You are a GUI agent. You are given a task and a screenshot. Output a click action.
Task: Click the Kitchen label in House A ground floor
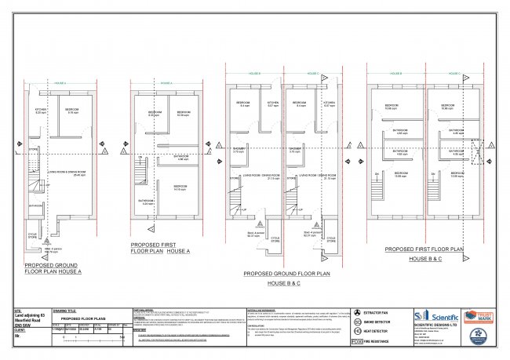[41, 111]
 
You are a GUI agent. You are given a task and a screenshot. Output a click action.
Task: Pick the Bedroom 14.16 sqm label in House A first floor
[180, 187]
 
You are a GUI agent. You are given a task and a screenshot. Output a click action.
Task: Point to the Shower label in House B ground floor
[239, 148]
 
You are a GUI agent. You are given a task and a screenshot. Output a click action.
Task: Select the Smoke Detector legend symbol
[357, 322]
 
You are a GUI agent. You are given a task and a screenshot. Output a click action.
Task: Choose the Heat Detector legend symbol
[357, 331]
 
